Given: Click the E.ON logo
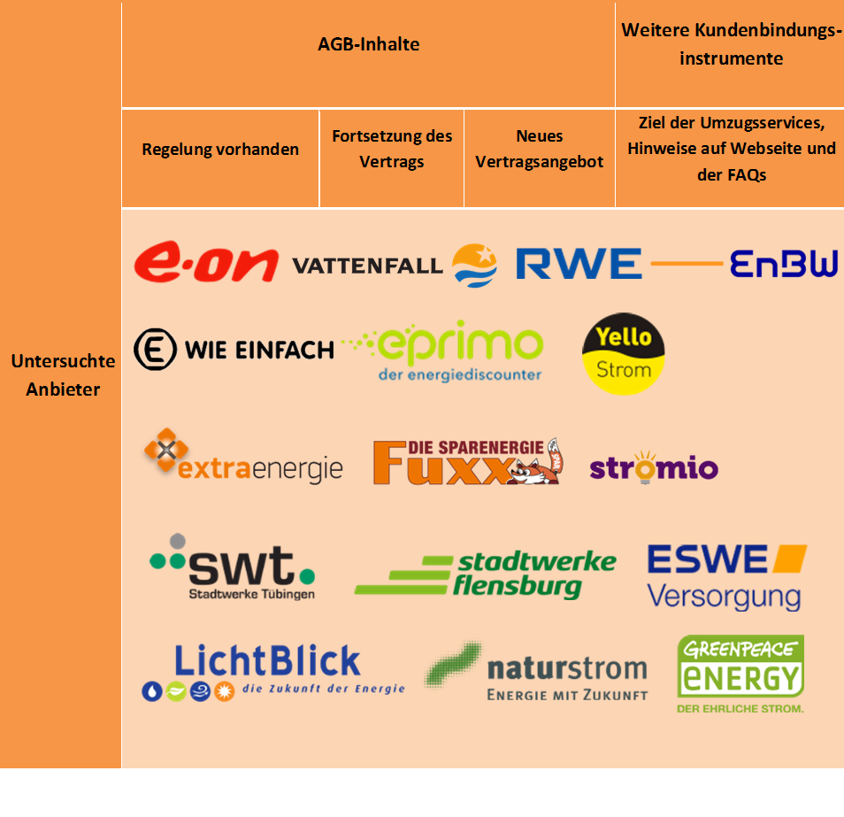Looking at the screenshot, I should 206,264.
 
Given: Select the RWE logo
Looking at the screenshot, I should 579,264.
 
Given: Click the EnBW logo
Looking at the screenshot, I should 783,264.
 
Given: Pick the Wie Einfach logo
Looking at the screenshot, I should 234,350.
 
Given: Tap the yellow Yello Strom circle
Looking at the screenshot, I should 623,353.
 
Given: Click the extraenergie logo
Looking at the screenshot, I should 243,459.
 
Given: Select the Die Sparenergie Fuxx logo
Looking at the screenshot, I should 467,461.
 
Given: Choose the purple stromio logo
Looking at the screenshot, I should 654,466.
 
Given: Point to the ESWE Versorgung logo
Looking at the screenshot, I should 726,576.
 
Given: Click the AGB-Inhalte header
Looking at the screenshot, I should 368,44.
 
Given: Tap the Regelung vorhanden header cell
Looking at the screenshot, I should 220,150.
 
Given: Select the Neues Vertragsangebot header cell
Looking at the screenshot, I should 539,150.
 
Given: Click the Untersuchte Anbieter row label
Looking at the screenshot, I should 63,375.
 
